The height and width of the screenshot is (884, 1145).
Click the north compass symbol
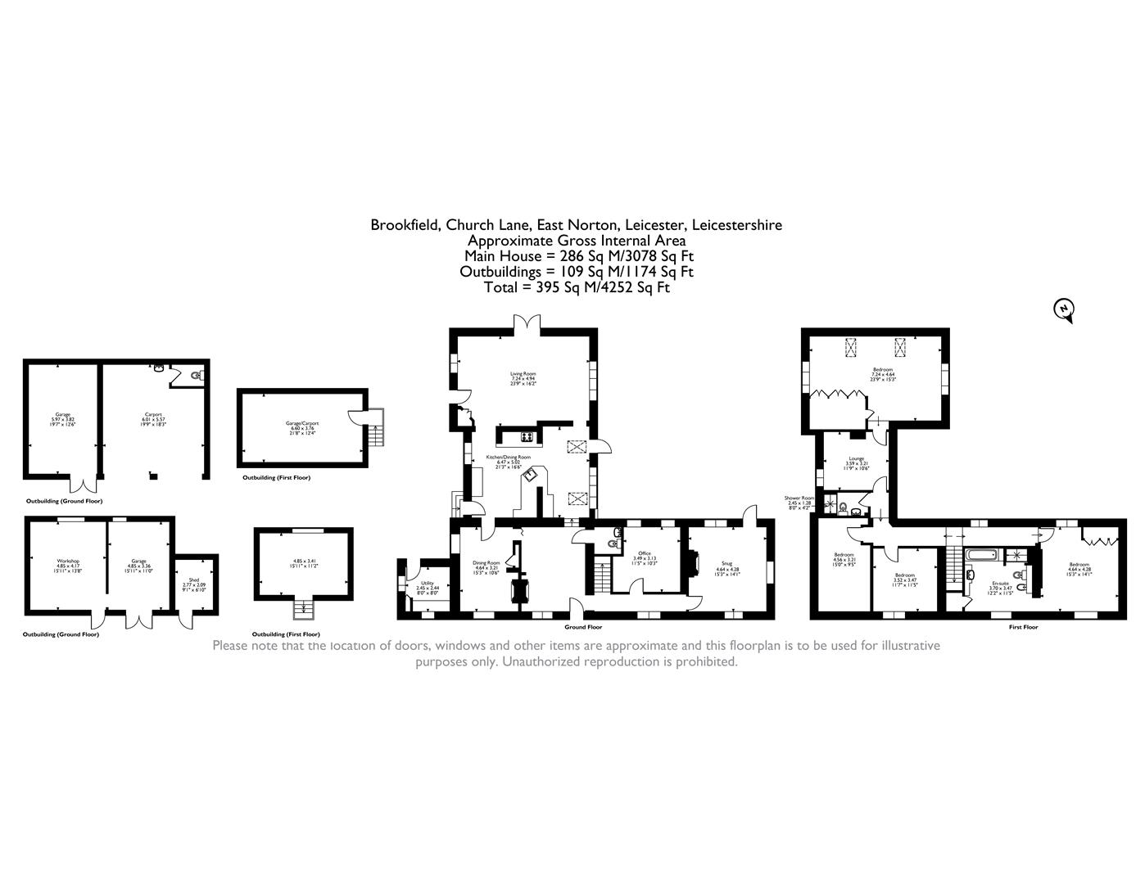[x=1063, y=309]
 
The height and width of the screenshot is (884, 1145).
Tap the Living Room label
[x=522, y=378]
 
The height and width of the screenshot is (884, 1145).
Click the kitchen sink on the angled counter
[x=530, y=472]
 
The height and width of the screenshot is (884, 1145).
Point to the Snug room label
[x=726, y=565]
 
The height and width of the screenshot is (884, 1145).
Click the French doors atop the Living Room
[x=524, y=323]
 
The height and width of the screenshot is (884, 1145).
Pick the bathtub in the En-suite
[x=980, y=556]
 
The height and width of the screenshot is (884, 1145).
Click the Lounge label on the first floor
[x=856, y=460]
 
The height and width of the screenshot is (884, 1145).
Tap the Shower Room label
[x=799, y=499]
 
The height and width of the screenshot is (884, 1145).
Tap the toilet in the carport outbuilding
[x=195, y=376]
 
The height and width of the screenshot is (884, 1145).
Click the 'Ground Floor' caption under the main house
[x=582, y=627]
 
